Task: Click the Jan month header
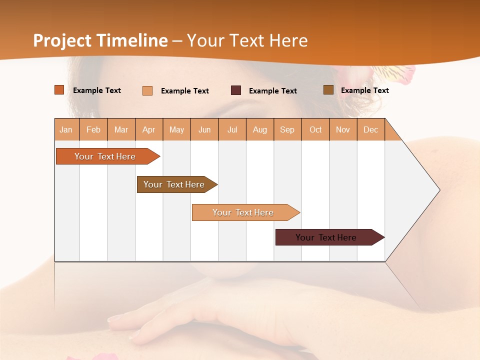point(66,130)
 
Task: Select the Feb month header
point(93,130)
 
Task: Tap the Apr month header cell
point(149,130)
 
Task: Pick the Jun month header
point(204,130)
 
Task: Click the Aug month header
point(260,130)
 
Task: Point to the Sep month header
point(287,130)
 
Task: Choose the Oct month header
point(315,130)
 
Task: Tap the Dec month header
point(371,130)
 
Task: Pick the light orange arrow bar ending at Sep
point(243,212)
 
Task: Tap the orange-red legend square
point(59,90)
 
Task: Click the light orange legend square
point(147,90)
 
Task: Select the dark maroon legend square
point(236,90)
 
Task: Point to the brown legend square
point(328,90)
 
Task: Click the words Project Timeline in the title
point(100,40)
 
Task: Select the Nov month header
point(343,130)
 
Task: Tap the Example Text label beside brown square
point(364,90)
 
